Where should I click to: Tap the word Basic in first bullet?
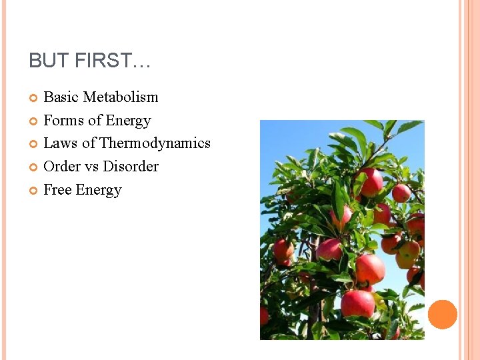pyautogui.click(x=59, y=97)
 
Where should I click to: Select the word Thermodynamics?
pyautogui.click(x=155, y=143)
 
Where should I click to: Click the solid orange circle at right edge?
pyautogui.click(x=443, y=315)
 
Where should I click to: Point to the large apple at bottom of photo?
pyautogui.click(x=358, y=303)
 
